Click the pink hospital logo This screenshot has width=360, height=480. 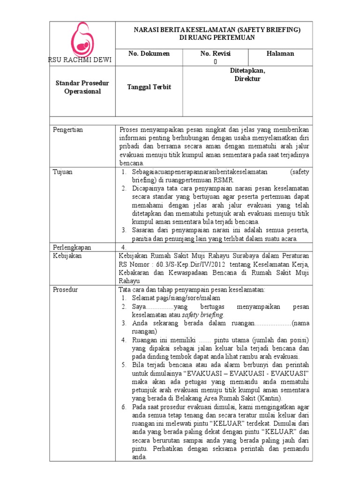[82, 39]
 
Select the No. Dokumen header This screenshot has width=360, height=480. [149, 53]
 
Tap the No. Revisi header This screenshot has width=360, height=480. [216, 53]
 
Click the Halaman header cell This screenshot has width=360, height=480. [280, 53]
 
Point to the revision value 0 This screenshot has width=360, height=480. [215, 61]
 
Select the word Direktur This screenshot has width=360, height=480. [247, 79]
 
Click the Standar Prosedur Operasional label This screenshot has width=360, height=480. [82, 87]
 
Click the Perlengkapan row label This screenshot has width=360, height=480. [72, 247]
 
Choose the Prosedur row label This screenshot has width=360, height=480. [66, 290]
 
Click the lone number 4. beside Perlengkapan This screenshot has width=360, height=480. [124, 247]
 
